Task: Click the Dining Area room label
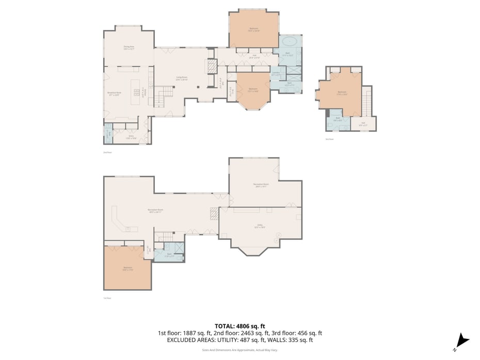coord(129,48)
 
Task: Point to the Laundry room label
coord(276,73)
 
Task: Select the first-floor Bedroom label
coord(127,269)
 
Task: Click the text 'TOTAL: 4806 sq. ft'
coord(240,326)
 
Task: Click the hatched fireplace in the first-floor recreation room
coord(214,213)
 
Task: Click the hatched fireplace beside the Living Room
coord(211,67)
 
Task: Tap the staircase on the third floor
coord(366,102)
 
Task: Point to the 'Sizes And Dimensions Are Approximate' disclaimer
coord(240,350)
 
